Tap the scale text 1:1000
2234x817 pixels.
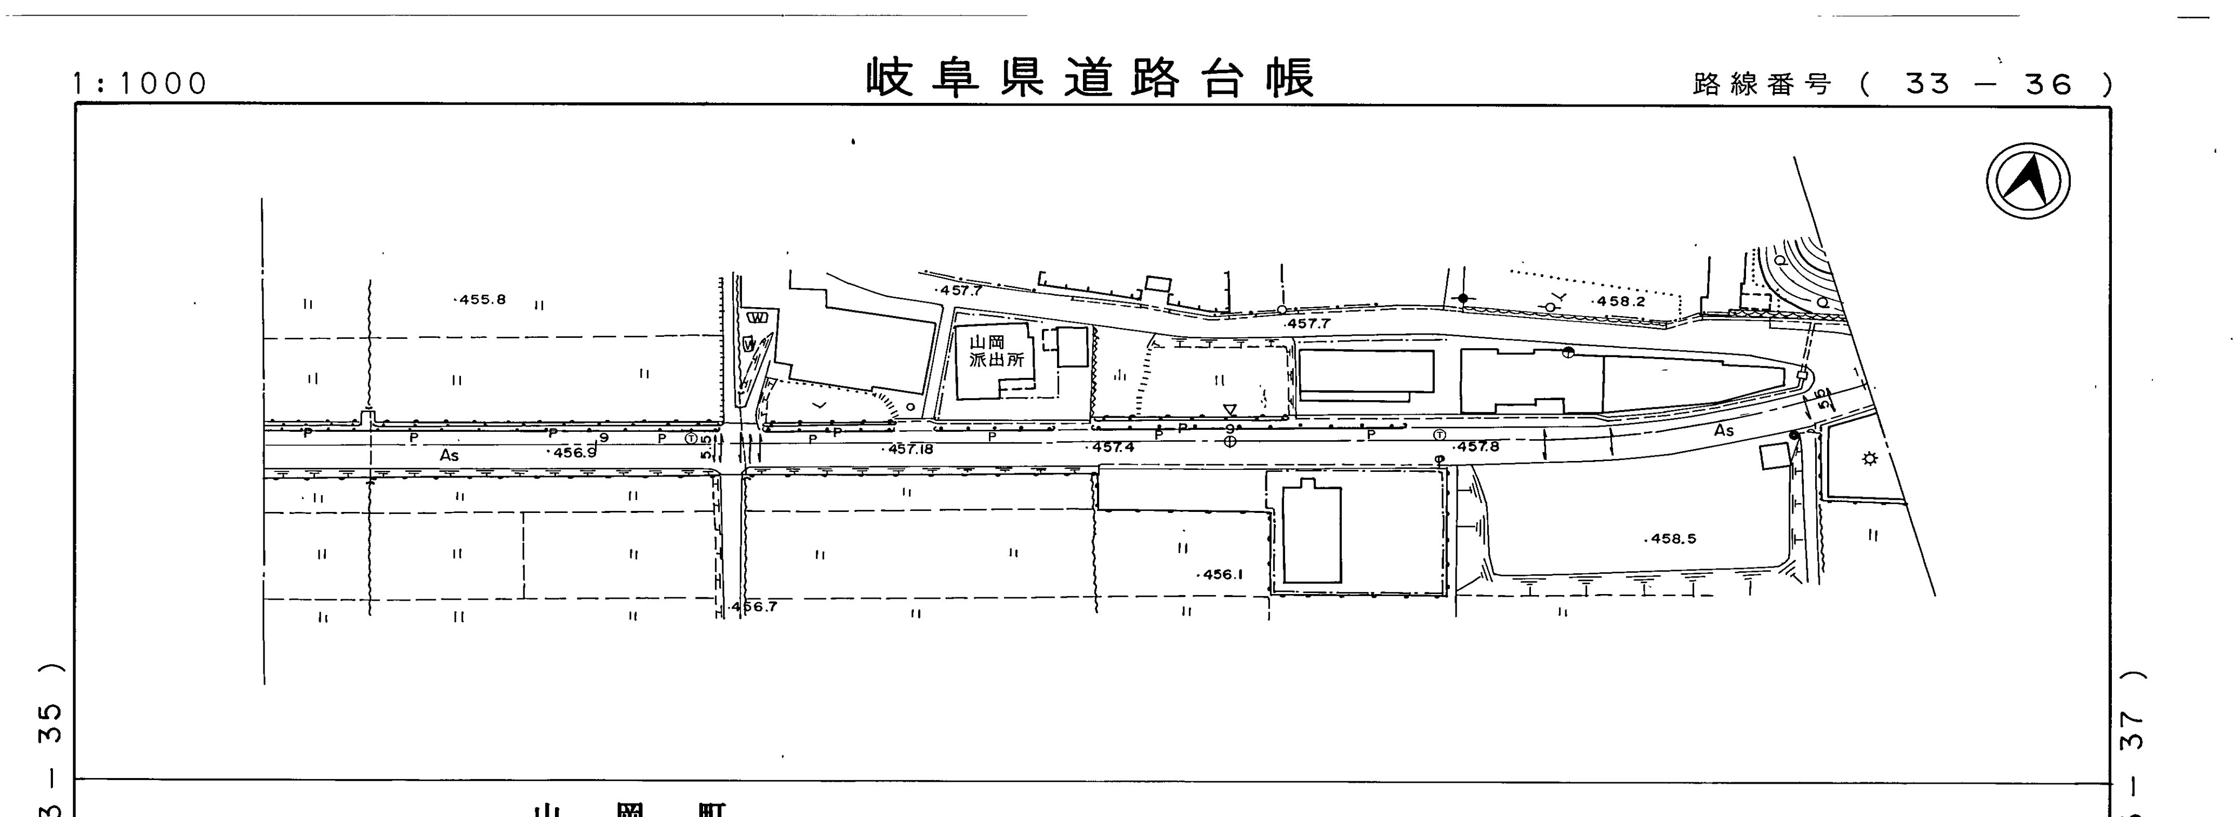tap(140, 84)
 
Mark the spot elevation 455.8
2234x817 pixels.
tap(482, 299)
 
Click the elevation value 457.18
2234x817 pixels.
tap(910, 449)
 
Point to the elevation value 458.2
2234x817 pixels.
tap(1621, 302)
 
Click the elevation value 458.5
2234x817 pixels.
tap(1673, 538)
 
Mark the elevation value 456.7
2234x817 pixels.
tap(756, 606)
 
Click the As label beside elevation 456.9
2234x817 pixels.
tap(449, 454)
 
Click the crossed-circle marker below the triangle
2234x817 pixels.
tap(1230, 442)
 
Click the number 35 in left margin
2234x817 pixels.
tap(52, 722)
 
